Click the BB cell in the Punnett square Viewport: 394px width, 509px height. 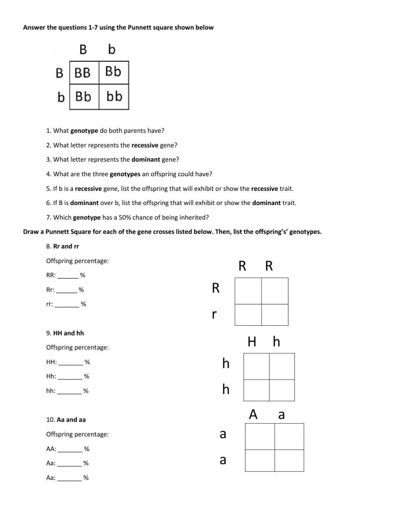pyautogui.click(x=83, y=73)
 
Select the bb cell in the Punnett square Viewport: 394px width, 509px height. pyautogui.click(x=114, y=96)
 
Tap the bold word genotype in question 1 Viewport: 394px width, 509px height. pyautogui.click(x=84, y=131)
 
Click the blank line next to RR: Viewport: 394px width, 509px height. pyautogui.click(x=68, y=277)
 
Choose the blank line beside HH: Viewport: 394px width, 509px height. pyautogui.click(x=71, y=364)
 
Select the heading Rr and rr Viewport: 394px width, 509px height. pyautogui.click(x=66, y=246)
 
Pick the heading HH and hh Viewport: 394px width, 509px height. pyautogui.click(x=69, y=333)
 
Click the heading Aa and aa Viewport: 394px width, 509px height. pyautogui.click(x=71, y=420)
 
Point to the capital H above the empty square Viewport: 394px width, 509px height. pyautogui.click(x=252, y=341)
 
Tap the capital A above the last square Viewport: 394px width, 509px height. pyautogui.click(x=253, y=414)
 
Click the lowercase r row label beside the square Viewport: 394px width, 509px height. pyautogui.click(x=214, y=314)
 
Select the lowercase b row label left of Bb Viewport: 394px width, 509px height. pyautogui.click(x=61, y=97)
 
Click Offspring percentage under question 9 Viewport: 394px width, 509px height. pyautogui.click(x=77, y=348)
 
